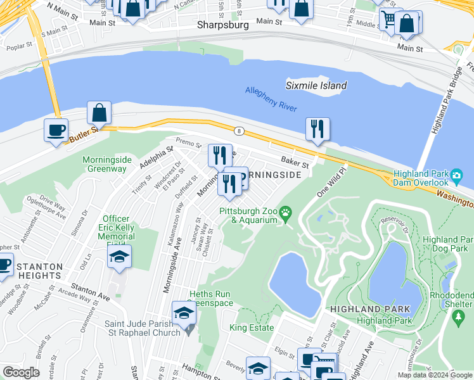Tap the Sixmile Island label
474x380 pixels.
click(x=316, y=85)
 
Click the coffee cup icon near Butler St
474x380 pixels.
click(x=56, y=130)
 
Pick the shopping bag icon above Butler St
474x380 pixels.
click(x=99, y=113)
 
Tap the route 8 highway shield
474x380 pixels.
click(x=238, y=131)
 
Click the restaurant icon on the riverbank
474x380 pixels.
click(x=316, y=129)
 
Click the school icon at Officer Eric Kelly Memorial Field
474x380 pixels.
click(x=119, y=256)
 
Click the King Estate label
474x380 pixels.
click(x=252, y=327)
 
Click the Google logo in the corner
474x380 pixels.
click(x=21, y=372)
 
